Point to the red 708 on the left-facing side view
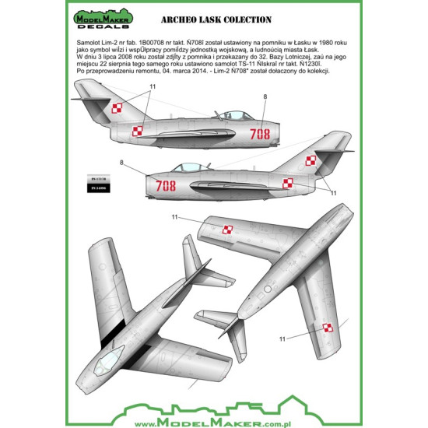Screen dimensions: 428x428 (166, 185)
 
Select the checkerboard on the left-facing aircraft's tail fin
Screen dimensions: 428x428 (310, 161)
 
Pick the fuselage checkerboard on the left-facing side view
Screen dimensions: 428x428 (287, 184)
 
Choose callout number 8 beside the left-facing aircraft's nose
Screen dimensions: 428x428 (121, 162)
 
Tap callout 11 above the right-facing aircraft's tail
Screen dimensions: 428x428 (153, 86)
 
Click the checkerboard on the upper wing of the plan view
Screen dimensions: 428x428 (229, 229)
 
